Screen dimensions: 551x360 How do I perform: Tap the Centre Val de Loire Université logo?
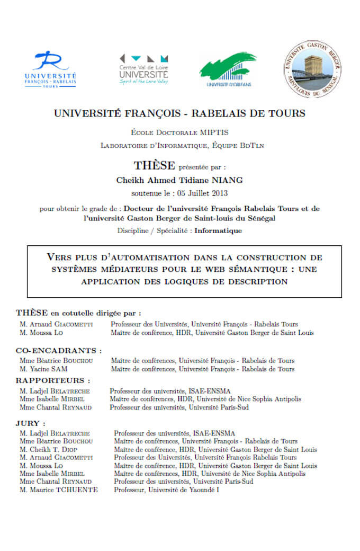[x=143, y=69]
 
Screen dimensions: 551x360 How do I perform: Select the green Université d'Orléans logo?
[x=228, y=69]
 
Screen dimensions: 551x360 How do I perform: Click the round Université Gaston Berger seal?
[x=311, y=69]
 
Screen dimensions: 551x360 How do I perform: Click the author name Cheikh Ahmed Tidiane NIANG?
[x=179, y=180]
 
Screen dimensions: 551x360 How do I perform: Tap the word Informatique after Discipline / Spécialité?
[x=218, y=230]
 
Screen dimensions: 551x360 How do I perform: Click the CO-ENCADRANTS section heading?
[x=59, y=351]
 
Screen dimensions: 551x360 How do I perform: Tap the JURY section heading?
[x=30, y=424]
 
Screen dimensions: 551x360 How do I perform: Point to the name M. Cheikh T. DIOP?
[x=49, y=449]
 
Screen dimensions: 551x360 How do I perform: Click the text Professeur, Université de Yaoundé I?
[x=166, y=490]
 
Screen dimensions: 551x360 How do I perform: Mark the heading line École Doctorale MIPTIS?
[x=179, y=132]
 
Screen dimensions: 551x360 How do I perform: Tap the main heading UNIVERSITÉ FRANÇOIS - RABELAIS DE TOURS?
[x=179, y=113]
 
